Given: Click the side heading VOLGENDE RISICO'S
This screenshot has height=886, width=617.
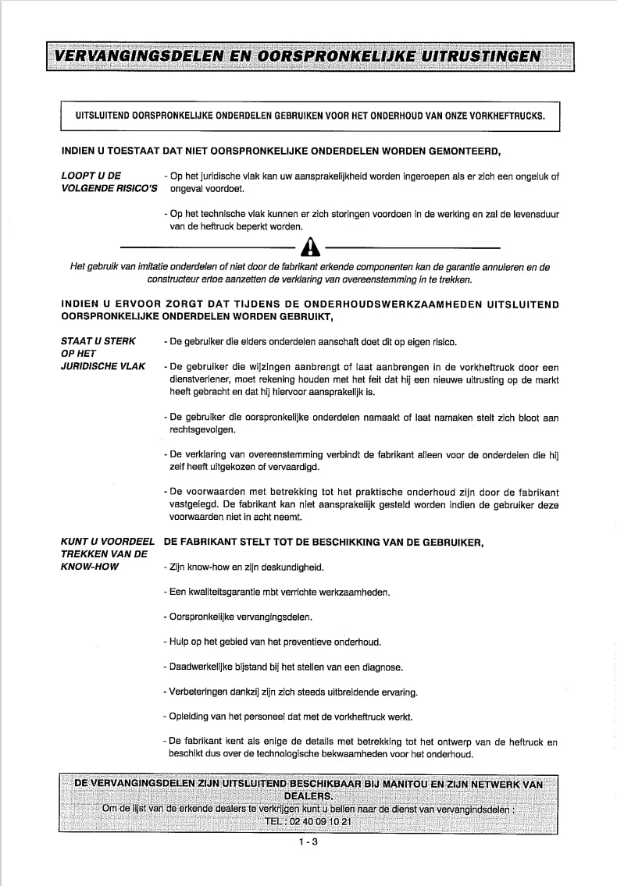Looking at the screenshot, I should [109, 188].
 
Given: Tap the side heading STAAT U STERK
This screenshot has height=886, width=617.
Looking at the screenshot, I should [98, 341].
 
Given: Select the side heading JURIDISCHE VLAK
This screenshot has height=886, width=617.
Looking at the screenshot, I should [102, 366].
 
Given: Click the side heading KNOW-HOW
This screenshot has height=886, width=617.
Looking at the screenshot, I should [90, 567].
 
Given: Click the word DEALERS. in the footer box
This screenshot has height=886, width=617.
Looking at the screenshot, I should [308, 796].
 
